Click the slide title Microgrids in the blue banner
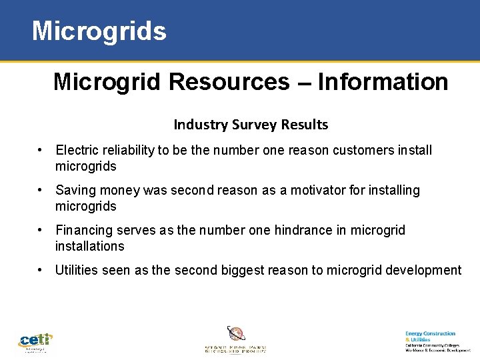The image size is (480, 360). tap(99, 31)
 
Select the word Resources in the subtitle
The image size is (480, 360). tap(229, 82)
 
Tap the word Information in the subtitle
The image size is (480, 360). tap(383, 82)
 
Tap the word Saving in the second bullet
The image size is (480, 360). tap(75, 190)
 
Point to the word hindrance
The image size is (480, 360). tap(309, 230)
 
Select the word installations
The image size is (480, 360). tap(90, 246)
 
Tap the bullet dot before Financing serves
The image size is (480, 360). tap(41, 230)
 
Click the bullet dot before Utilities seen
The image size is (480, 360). tap(41, 270)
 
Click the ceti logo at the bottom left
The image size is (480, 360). tap(35, 342)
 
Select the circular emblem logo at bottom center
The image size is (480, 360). tap(235, 333)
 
